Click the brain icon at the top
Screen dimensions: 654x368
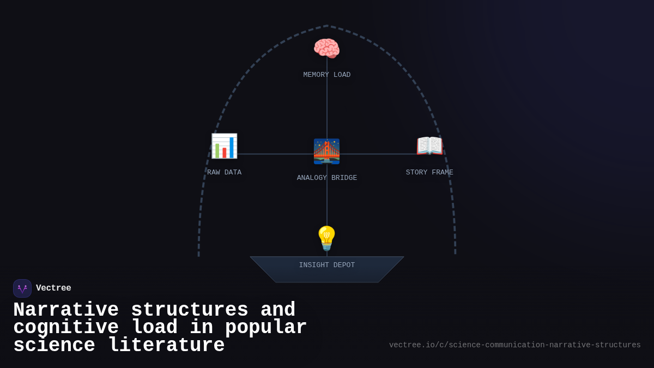(326, 49)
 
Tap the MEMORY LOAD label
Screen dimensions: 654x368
(327, 75)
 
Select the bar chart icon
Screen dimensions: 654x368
(224, 146)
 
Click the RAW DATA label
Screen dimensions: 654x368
(224, 172)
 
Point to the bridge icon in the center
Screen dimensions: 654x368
(326, 151)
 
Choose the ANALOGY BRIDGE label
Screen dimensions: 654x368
(327, 178)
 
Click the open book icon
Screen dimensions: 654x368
(429, 146)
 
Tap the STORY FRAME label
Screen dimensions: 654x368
(429, 172)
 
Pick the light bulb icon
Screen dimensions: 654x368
(326, 238)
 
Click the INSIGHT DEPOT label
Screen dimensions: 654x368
(327, 265)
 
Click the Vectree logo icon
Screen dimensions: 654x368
(22, 288)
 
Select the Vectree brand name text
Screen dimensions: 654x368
(53, 288)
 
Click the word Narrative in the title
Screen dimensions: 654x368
(66, 310)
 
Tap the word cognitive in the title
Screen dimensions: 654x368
(66, 327)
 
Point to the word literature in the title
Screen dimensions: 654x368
(166, 345)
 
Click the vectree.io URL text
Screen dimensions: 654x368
(514, 345)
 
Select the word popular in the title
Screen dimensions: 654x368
(266, 327)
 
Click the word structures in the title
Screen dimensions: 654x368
(190, 310)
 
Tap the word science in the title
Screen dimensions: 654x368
(54, 345)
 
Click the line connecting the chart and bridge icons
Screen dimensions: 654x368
(275, 154)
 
